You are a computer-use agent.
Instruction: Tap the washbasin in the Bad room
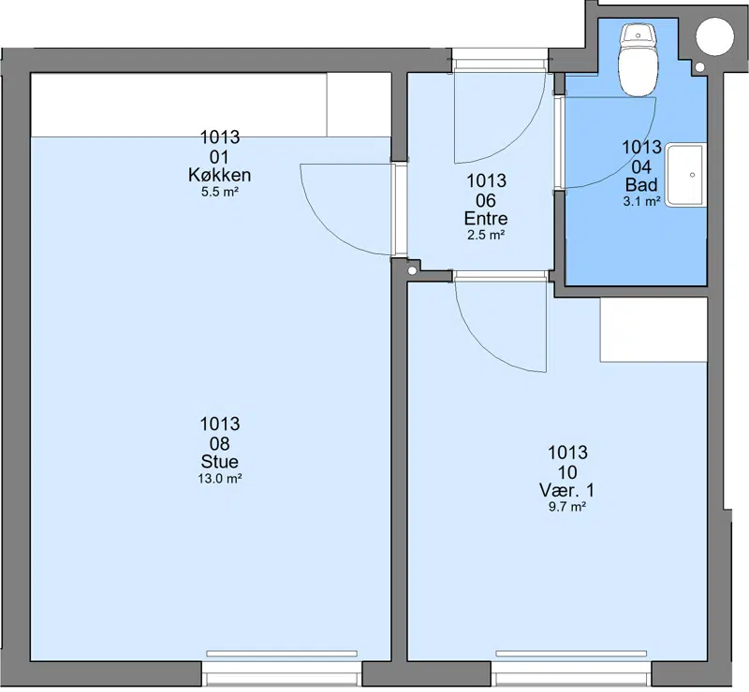click(x=686, y=175)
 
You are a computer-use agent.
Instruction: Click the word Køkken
click(x=220, y=175)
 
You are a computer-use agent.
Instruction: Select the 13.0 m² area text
click(x=220, y=478)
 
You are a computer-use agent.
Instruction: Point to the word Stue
click(x=220, y=462)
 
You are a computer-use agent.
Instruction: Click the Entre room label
click(x=486, y=218)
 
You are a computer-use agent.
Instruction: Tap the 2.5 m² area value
click(x=486, y=235)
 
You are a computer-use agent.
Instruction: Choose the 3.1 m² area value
click(x=641, y=201)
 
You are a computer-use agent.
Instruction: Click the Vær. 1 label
click(x=567, y=490)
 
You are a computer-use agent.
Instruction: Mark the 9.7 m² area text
click(x=567, y=507)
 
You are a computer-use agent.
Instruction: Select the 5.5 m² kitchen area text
click(x=220, y=193)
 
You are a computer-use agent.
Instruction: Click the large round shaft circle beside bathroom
click(x=714, y=36)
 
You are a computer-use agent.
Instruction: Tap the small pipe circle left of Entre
click(x=412, y=271)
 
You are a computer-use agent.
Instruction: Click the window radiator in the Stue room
click(x=282, y=654)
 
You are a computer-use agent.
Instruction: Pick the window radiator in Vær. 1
click(x=571, y=654)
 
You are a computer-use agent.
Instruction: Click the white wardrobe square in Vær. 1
click(x=654, y=330)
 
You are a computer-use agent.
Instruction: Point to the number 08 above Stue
click(x=220, y=444)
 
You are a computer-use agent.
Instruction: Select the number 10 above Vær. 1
click(x=567, y=472)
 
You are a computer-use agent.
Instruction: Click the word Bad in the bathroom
click(x=641, y=184)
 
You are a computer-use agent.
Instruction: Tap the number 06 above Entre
click(x=486, y=200)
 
